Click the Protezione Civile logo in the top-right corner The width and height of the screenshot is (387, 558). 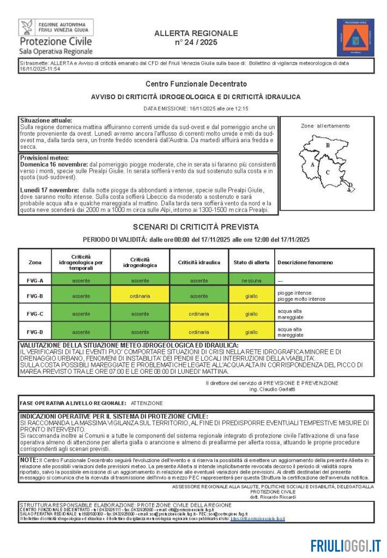point(355,37)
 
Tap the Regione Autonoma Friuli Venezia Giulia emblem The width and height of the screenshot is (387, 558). point(27,27)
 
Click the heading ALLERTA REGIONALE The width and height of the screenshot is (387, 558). point(196,33)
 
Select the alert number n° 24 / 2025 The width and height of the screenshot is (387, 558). point(196,42)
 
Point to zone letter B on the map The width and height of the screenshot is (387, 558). point(328,145)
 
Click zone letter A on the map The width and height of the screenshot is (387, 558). point(312,163)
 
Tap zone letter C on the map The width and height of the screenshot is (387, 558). point(328,172)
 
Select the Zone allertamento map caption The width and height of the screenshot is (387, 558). point(325,126)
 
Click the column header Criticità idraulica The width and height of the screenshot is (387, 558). point(198,262)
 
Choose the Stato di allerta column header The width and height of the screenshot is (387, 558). point(251,262)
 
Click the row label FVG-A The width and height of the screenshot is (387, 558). point(35,281)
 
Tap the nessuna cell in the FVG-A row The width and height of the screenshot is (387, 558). point(251,281)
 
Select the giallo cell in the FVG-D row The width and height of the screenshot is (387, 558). point(251,331)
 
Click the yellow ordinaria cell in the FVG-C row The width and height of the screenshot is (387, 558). point(198,314)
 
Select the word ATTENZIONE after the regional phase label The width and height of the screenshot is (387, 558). point(147,403)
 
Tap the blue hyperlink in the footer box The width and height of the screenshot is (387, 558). point(257,519)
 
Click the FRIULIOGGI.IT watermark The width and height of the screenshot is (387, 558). point(346,545)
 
